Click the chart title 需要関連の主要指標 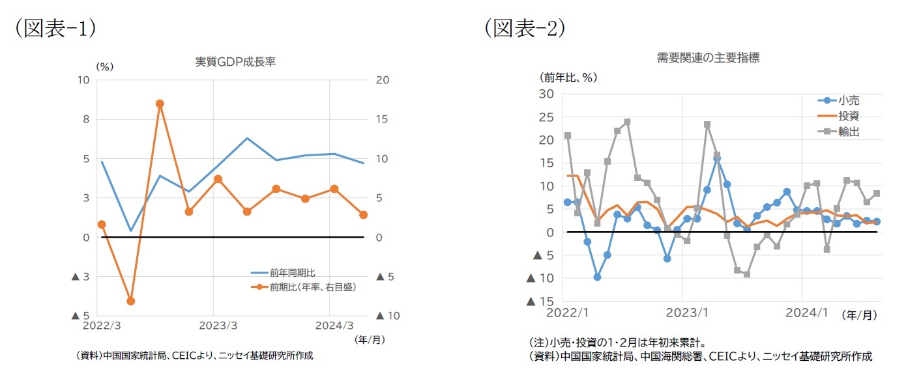click(x=708, y=57)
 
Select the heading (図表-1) click(x=56, y=28)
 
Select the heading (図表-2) click(x=524, y=28)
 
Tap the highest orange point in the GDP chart click(x=160, y=104)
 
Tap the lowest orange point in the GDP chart click(x=130, y=301)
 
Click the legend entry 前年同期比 click(x=292, y=273)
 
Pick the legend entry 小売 click(x=849, y=100)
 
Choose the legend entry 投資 click(x=849, y=116)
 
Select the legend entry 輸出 click(x=849, y=132)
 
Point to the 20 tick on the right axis click(x=383, y=80)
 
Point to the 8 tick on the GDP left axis click(x=85, y=119)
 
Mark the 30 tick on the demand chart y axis click(x=546, y=94)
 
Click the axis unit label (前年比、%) click(x=568, y=77)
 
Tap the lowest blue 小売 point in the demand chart click(x=597, y=277)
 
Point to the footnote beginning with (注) click(x=617, y=343)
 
